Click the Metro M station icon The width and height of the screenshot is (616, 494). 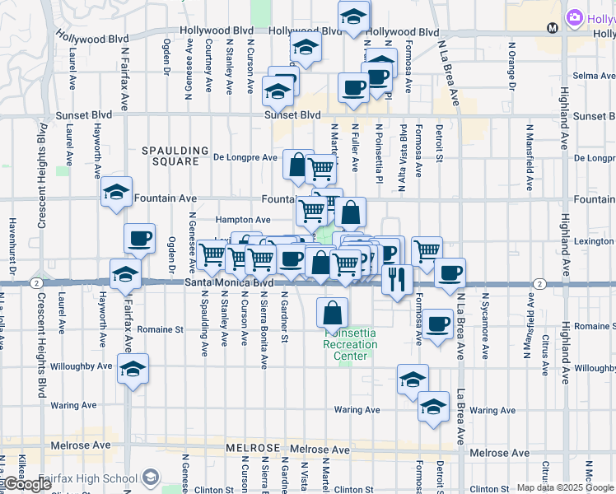(x=552, y=27)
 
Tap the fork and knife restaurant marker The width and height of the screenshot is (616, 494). (x=396, y=279)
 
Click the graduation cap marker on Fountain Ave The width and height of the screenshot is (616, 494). (x=116, y=193)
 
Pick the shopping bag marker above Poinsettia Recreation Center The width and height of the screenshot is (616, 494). (x=331, y=313)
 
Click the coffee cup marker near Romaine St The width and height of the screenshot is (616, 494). (x=439, y=323)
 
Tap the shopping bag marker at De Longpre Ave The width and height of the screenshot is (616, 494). (x=296, y=165)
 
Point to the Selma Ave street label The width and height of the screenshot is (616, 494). (x=590, y=76)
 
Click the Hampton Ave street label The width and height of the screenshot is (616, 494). (x=243, y=221)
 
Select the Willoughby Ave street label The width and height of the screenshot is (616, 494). (x=82, y=366)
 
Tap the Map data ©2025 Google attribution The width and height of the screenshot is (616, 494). (x=565, y=487)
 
